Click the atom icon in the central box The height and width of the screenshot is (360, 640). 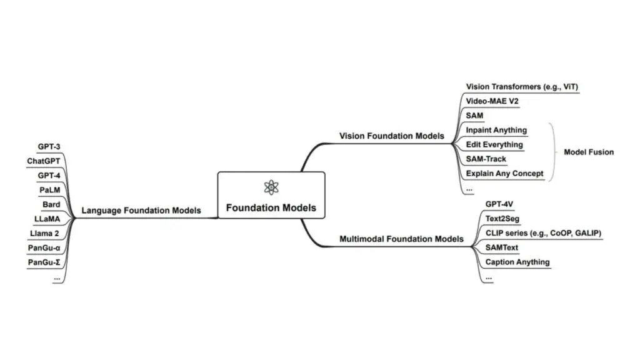[271, 187]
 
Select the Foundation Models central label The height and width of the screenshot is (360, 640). [271, 208]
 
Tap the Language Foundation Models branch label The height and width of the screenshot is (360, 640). [141, 211]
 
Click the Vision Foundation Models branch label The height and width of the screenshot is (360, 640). [391, 136]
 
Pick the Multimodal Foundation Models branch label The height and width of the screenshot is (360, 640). [401, 239]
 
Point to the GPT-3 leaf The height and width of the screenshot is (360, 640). [49, 147]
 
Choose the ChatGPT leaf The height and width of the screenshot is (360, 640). [44, 161]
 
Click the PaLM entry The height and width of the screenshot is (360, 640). [49, 190]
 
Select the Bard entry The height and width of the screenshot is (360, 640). [51, 204]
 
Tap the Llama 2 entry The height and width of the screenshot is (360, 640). [45, 233]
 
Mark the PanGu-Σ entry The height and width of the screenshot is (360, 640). [44, 262]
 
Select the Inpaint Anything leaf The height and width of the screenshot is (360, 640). [496, 130]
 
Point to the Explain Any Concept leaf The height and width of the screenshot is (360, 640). [504, 173]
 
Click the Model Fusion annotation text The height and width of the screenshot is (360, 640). [589, 152]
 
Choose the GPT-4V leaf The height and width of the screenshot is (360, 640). [499, 204]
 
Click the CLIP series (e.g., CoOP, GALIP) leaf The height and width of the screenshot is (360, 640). [543, 233]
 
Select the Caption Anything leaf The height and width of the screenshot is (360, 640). [517, 262]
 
